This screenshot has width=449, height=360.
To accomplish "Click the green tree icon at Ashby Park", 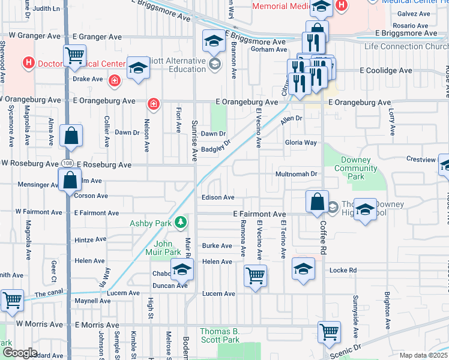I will (x=181, y=223).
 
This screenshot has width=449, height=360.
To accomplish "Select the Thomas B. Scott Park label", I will (x=220, y=335).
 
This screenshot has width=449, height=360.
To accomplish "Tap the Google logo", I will (x=19, y=353).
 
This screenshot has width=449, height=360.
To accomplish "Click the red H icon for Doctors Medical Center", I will (x=28, y=62).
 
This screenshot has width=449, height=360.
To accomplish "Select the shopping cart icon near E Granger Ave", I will (x=75, y=55).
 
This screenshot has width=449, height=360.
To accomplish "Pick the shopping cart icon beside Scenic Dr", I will (x=329, y=331).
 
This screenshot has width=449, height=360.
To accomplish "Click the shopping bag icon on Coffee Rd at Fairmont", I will (x=316, y=201).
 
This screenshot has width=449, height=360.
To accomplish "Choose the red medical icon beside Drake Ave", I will (x=114, y=79).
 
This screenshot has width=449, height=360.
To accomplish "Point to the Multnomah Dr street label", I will (x=295, y=174).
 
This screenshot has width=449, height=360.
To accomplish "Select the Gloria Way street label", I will (x=301, y=143).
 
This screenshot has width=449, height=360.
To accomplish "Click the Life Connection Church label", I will (x=406, y=46).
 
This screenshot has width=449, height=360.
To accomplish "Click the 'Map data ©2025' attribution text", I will (x=423, y=355).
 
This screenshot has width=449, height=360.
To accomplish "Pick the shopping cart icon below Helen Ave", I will (x=255, y=275).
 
